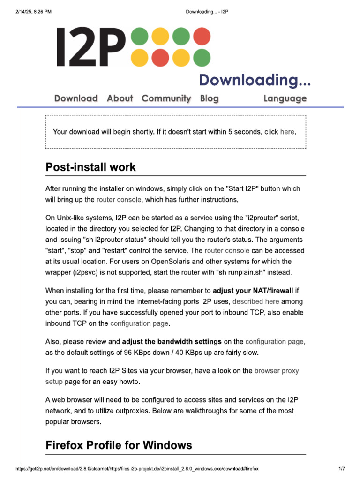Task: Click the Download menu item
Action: click(76, 98)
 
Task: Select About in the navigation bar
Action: click(120, 98)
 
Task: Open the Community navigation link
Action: click(166, 98)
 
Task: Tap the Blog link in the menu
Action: click(209, 98)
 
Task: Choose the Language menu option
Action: click(285, 98)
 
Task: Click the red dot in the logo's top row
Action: click(202, 36)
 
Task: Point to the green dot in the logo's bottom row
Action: click(202, 58)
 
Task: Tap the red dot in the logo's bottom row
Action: click(160, 58)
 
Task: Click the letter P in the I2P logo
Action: click(112, 47)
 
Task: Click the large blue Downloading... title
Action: click(255, 80)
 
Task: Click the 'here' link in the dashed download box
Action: click(287, 132)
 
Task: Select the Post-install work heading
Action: click(90, 167)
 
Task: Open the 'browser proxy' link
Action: click(276, 371)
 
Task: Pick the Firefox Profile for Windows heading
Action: click(119, 445)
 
